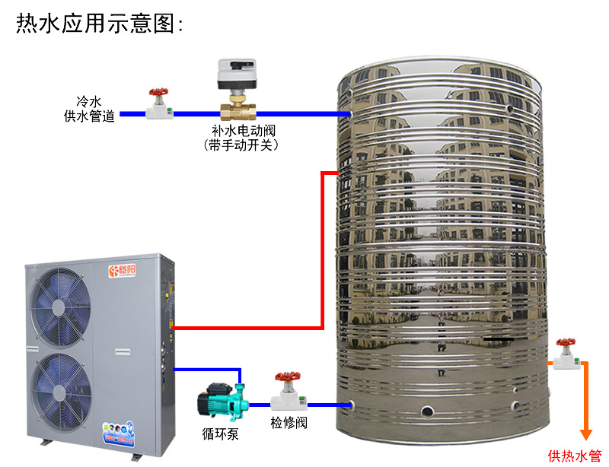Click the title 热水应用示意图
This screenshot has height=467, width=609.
coord(99,24)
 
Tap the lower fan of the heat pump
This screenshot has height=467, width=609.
coord(59,386)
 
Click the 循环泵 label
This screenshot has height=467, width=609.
coord(219,436)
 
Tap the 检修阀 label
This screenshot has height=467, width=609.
coord(289,422)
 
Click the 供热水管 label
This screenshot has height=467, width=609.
coord(575,456)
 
